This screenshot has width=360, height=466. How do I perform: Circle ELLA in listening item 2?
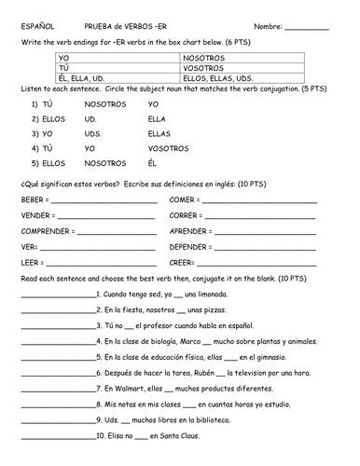click(157, 119)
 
